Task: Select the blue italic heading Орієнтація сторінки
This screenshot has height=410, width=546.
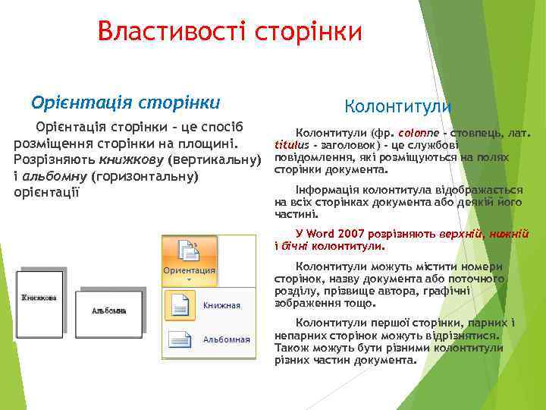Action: [125, 102]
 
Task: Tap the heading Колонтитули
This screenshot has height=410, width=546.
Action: [397, 106]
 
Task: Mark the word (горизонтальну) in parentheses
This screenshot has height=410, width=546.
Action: [144, 176]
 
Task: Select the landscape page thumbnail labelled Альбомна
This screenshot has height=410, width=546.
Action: [108, 311]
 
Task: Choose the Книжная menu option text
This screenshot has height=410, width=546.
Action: [221, 305]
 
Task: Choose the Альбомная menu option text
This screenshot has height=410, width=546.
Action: [226, 339]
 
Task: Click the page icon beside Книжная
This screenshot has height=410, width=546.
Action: [180, 304]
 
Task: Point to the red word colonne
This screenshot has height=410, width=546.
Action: [415, 133]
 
